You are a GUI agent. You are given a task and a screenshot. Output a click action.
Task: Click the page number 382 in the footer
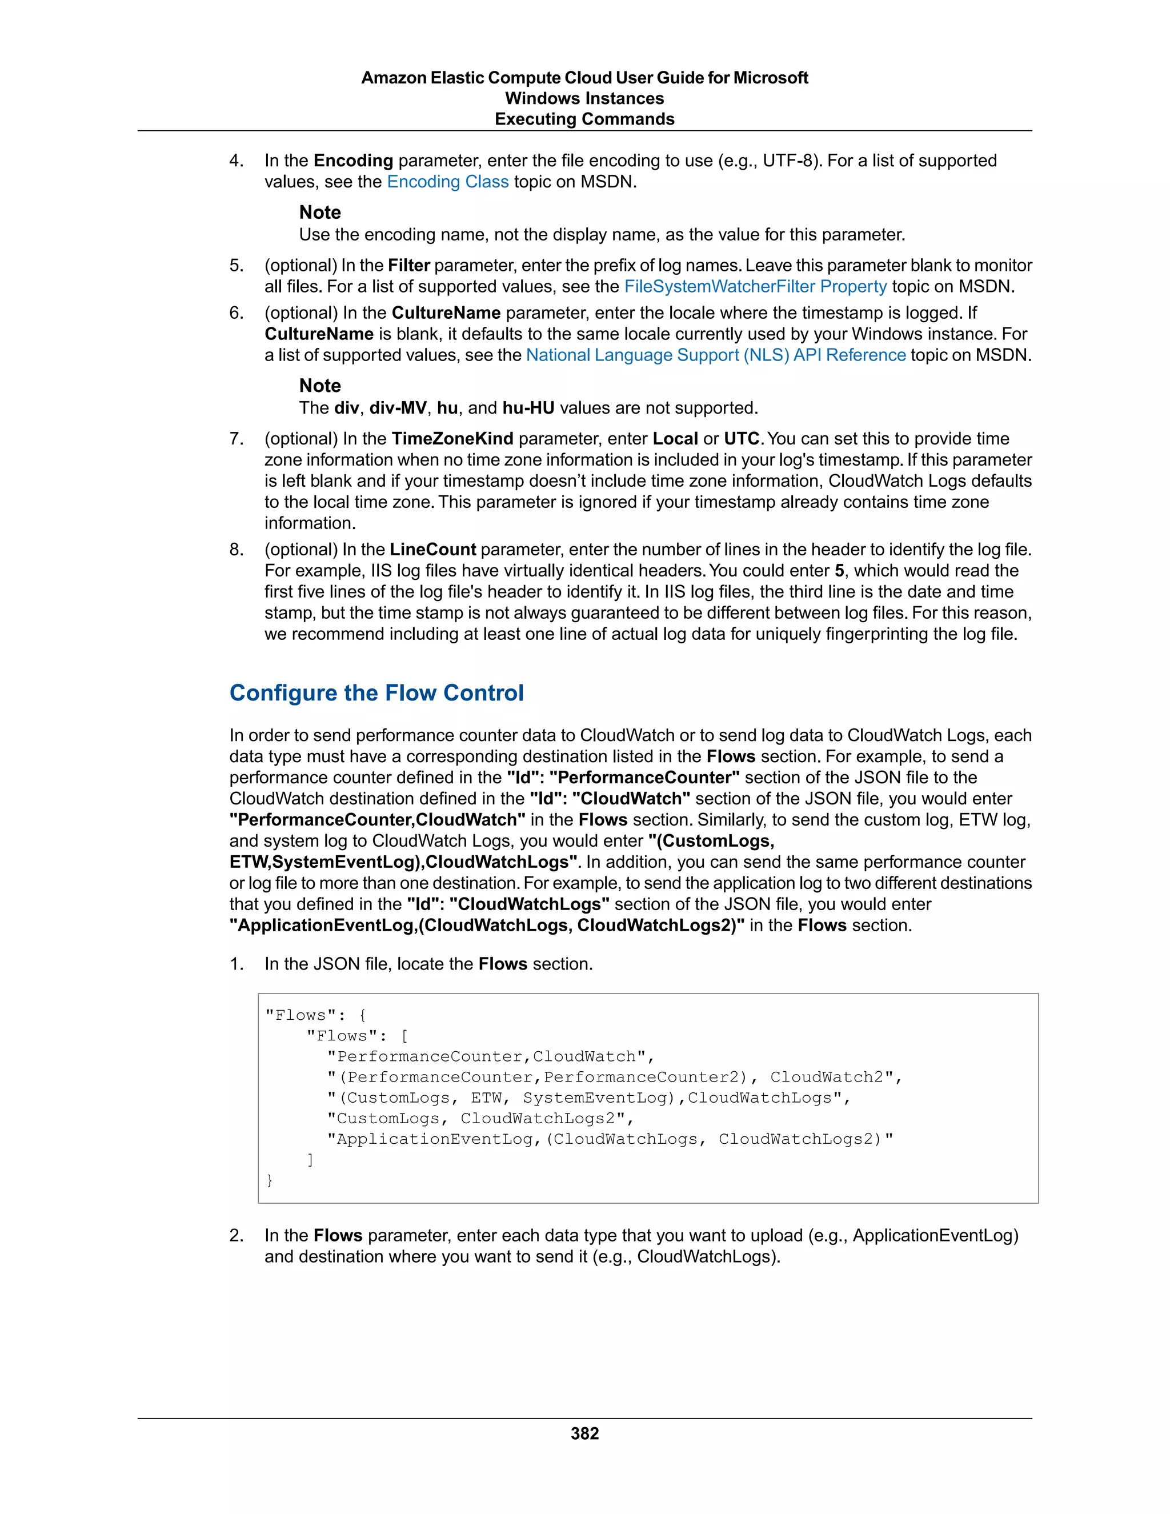coord(584,1433)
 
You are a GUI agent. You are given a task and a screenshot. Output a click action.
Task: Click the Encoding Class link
coord(448,182)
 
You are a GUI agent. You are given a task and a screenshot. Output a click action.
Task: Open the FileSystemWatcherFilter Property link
coord(755,286)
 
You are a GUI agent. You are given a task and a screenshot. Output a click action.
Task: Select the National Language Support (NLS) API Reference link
coord(715,355)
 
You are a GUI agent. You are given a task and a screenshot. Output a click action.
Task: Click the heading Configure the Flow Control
coord(376,692)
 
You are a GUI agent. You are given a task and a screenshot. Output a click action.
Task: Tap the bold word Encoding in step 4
coord(353,161)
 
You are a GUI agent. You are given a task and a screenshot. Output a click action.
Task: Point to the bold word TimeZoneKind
coord(452,439)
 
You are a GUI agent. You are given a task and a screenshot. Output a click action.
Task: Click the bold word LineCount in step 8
coord(432,550)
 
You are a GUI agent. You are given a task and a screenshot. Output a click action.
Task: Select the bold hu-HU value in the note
coord(528,407)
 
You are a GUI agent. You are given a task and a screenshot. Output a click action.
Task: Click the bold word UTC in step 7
coord(742,439)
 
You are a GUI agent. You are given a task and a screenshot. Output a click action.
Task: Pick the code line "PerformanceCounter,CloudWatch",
coord(491,1056)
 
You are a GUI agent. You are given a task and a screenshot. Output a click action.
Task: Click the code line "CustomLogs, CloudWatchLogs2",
coord(480,1118)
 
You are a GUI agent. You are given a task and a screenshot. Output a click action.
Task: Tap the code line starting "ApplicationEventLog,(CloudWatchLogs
coord(610,1139)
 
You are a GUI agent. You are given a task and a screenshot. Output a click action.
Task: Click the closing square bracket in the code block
coord(311,1159)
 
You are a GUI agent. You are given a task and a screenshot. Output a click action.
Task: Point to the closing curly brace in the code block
coord(270,1180)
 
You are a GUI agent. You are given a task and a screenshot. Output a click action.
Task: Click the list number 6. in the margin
coord(237,313)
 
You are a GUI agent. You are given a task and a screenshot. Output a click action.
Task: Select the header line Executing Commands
coord(584,119)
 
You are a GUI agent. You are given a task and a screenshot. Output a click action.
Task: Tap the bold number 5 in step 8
coord(839,571)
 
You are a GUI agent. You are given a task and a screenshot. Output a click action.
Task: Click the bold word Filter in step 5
coord(408,266)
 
